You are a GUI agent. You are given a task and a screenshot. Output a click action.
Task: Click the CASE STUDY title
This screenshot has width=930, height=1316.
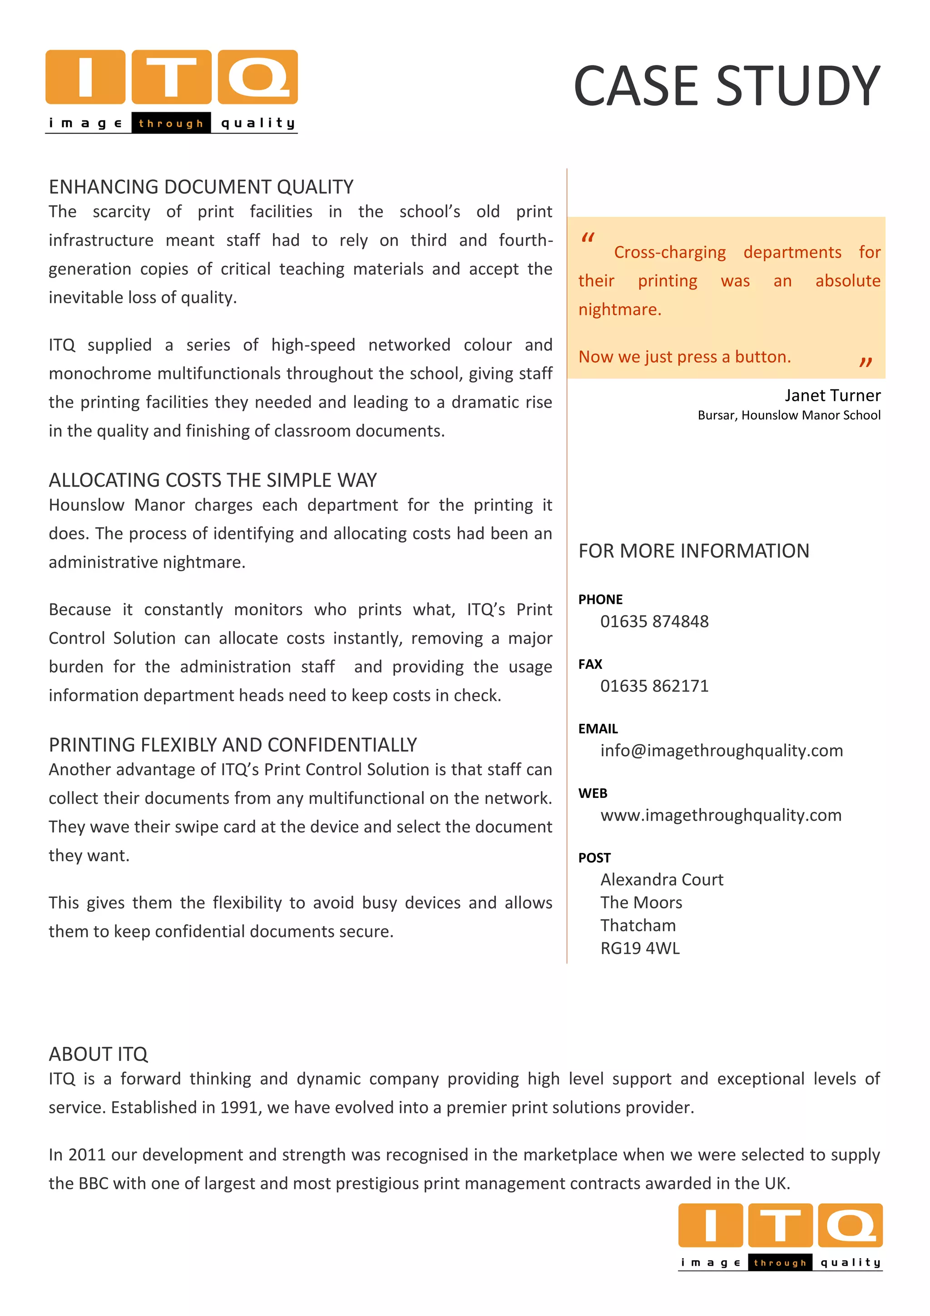click(726, 86)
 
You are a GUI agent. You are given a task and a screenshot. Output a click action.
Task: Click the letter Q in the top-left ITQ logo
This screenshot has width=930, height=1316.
click(258, 77)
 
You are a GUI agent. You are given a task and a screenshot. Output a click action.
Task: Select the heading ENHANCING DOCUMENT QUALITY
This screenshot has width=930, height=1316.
click(201, 187)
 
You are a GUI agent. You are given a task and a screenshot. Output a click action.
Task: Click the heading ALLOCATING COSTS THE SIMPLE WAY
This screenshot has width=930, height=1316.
click(213, 480)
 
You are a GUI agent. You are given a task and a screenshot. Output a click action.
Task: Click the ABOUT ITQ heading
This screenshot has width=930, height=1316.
click(98, 1054)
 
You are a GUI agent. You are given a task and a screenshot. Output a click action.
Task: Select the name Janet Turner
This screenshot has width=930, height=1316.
click(832, 395)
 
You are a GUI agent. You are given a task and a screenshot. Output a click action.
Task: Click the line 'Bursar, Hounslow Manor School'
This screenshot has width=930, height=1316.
click(789, 415)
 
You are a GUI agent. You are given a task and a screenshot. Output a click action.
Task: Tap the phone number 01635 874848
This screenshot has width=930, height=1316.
click(654, 621)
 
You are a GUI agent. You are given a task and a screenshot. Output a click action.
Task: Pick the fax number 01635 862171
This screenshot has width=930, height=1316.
click(654, 686)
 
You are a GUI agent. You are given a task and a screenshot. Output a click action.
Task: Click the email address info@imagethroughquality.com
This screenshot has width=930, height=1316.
click(721, 751)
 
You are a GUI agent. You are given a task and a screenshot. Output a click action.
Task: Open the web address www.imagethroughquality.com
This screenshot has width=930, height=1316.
click(720, 815)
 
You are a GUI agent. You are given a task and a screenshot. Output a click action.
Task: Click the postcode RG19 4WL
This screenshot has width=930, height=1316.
click(640, 948)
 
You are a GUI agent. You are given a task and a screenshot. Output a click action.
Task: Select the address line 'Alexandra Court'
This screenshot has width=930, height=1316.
click(662, 880)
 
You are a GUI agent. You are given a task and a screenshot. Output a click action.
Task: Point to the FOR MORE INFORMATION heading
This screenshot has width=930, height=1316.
click(693, 551)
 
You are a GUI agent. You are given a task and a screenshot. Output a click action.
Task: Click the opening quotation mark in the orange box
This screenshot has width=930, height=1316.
click(588, 238)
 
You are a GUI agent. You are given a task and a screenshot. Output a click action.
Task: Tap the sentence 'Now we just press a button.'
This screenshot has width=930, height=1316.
click(684, 357)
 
